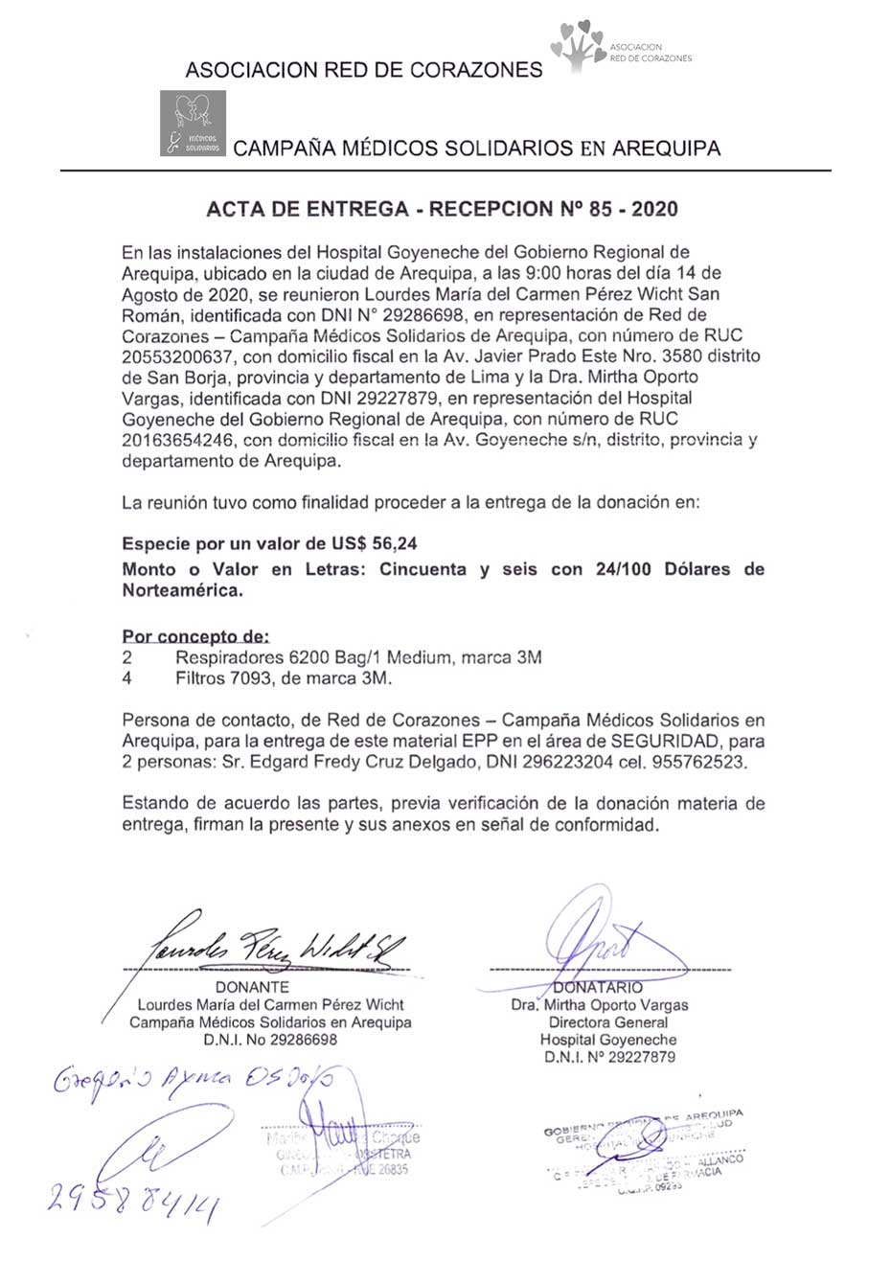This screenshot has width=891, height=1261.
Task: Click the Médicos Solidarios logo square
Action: pos(193,123)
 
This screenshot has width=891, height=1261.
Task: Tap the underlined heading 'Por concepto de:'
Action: pos(195,636)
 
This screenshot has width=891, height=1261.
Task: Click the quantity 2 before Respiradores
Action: pos(127,657)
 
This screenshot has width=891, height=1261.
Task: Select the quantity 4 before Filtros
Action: pos(127,678)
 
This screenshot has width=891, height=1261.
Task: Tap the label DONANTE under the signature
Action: pos(252,986)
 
